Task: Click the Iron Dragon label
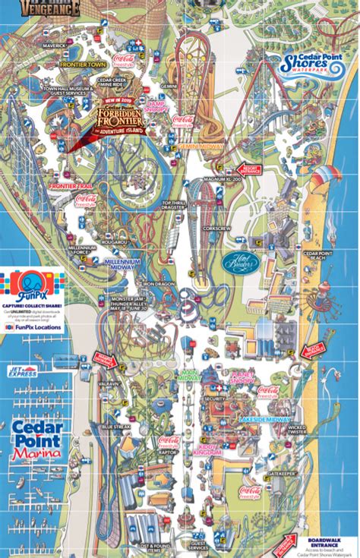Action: [159, 282]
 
